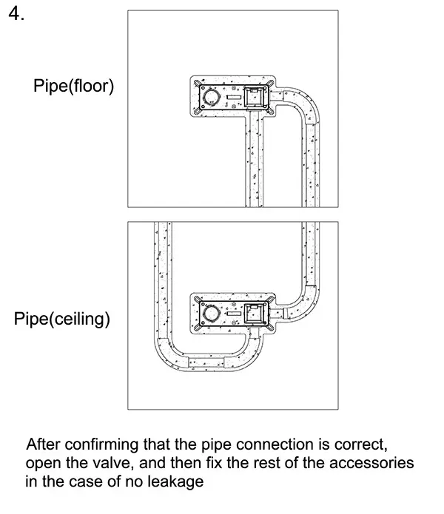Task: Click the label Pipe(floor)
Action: pos(73,87)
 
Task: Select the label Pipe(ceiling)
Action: pos(62,320)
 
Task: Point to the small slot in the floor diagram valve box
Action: pos(234,96)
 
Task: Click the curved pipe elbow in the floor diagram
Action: pos(307,104)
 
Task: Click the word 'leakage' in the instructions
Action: pos(178,482)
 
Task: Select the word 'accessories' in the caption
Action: pos(375,464)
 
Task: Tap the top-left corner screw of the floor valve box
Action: pos(198,82)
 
